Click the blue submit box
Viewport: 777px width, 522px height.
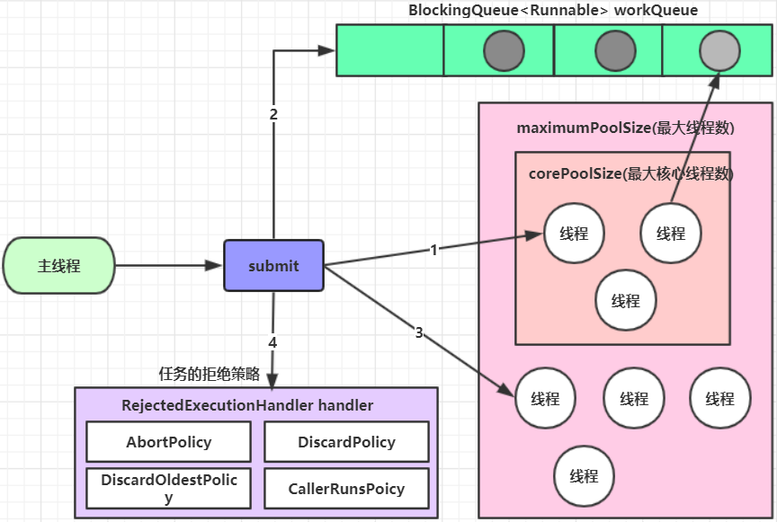click(273, 265)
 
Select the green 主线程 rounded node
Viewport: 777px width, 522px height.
click(59, 265)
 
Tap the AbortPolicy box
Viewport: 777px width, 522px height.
click(168, 442)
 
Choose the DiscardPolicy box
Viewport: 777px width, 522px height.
click(346, 442)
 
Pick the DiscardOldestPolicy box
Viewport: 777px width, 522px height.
click(168, 489)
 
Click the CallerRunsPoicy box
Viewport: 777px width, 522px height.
click(346, 489)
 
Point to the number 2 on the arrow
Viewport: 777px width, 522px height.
click(273, 114)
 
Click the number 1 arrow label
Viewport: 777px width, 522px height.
click(433, 250)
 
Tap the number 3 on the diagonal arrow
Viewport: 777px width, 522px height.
click(419, 332)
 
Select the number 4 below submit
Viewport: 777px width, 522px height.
click(272, 342)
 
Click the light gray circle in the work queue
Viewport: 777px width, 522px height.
click(719, 50)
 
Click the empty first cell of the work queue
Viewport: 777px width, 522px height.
click(390, 50)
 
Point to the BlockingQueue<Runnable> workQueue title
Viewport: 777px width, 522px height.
click(553, 10)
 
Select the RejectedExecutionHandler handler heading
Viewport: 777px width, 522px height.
click(247, 405)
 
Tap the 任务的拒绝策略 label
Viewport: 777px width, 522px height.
click(210, 374)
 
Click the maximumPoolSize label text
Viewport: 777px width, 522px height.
click(625, 128)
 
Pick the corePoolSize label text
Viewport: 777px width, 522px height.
click(630, 173)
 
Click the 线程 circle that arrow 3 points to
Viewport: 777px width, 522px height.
click(545, 398)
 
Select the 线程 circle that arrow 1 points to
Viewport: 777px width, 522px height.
click(574, 233)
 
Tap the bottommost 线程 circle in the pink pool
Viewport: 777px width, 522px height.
click(584, 475)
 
